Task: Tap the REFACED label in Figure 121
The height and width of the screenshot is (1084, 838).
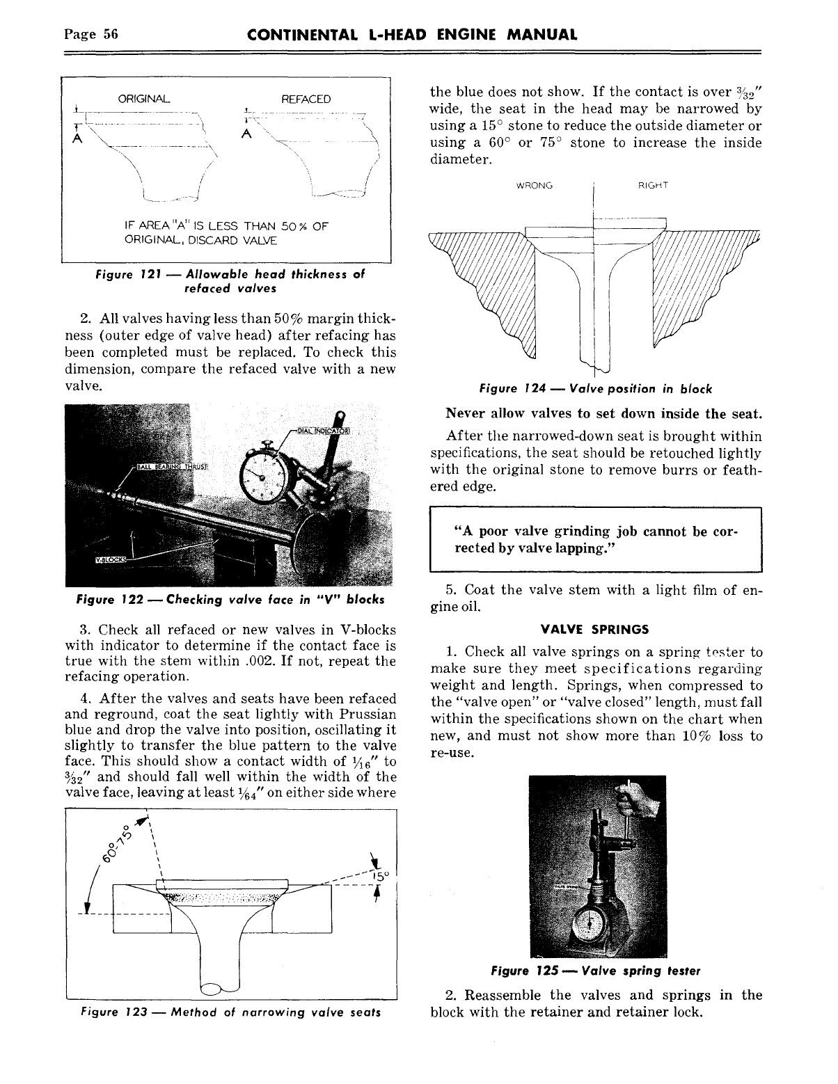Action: coord(306,99)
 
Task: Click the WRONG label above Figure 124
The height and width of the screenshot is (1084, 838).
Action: coord(534,186)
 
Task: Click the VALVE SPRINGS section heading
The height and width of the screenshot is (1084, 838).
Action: coord(594,629)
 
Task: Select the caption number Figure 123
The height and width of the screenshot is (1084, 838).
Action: coord(106,1012)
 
